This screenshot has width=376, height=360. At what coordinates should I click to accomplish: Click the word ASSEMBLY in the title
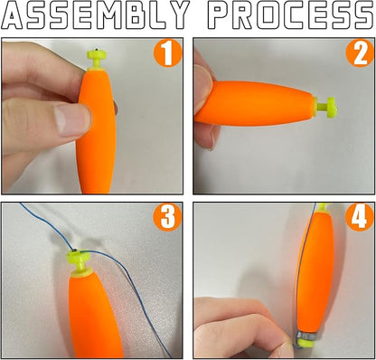(94, 15)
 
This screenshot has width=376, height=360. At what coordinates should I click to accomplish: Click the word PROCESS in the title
(291, 15)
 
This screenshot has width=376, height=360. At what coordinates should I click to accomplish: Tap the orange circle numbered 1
(167, 54)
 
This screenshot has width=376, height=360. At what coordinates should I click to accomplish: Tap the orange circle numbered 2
(360, 53)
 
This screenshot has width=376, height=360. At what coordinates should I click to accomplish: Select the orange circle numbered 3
(167, 217)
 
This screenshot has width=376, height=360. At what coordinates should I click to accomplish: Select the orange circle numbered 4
(360, 217)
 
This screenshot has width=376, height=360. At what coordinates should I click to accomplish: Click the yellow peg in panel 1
(97, 59)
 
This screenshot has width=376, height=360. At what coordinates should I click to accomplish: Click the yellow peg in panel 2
(324, 107)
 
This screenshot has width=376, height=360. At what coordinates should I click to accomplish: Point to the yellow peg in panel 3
(79, 263)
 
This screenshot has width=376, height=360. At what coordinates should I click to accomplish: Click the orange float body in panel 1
(96, 131)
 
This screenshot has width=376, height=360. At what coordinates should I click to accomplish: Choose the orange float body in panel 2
(255, 103)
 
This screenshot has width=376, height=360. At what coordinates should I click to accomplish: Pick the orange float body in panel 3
(94, 317)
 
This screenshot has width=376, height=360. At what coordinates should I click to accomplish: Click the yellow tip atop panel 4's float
(323, 207)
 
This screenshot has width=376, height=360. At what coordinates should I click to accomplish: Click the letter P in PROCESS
(220, 15)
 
